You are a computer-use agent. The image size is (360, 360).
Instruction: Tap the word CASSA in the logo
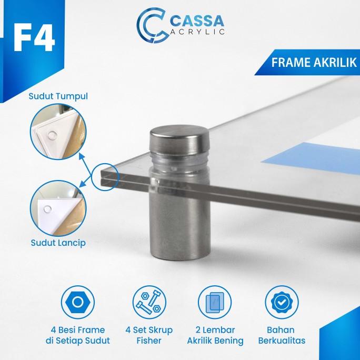pos(197,21)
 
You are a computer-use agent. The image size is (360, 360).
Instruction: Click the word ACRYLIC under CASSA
pos(197,32)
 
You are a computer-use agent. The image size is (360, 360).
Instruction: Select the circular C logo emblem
pos(151,25)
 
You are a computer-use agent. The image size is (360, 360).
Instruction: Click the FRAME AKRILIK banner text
pos(314,63)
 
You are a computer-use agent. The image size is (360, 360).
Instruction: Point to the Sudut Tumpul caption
pos(58,96)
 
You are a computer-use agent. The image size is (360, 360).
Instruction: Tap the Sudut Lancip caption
pos(58,243)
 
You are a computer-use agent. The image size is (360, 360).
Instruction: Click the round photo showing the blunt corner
pos(58,132)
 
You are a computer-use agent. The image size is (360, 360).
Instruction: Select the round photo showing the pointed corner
pos(58,209)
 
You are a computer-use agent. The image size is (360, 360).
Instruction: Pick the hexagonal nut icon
pos(77,302)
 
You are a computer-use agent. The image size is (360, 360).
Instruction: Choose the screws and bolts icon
pos(149,302)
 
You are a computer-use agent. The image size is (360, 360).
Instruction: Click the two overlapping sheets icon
pos(215,302)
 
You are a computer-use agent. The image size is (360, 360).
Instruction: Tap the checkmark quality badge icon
pos(282,302)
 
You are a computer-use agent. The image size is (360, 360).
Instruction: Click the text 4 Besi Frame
pos(78,330)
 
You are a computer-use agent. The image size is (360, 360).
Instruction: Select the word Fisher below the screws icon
pos(149,341)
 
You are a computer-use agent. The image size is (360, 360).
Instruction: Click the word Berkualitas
pos(282,341)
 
